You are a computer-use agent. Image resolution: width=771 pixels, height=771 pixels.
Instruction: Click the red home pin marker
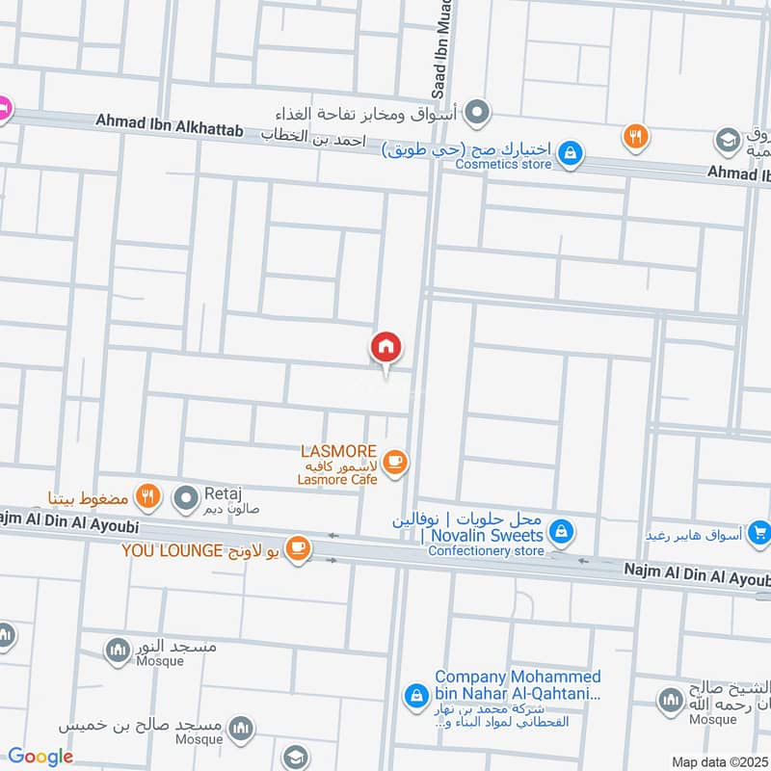[x=386, y=346]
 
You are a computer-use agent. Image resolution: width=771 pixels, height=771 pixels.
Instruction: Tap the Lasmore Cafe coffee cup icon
[x=394, y=463]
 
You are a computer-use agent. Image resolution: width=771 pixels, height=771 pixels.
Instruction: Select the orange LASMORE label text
[x=336, y=450]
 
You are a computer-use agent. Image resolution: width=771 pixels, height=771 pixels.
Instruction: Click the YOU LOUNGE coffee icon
[x=299, y=548]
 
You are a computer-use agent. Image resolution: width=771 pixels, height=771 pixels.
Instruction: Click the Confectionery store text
[x=486, y=551]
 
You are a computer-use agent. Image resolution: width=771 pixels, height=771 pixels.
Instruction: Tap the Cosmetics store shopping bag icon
[x=571, y=152]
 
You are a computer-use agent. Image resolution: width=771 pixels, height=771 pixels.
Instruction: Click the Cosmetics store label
[x=503, y=165]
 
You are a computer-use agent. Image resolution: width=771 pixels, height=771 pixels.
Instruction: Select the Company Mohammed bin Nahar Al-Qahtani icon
[x=415, y=694]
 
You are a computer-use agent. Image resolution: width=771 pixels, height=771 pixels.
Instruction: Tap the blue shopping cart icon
[x=760, y=531]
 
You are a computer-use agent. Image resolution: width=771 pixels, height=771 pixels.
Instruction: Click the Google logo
[x=40, y=757]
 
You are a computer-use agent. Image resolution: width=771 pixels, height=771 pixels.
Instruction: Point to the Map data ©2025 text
[x=719, y=761]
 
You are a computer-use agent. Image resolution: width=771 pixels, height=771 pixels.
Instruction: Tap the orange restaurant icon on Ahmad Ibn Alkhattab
[x=633, y=136]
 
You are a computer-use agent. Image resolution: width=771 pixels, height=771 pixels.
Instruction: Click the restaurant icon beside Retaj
[x=146, y=497]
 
